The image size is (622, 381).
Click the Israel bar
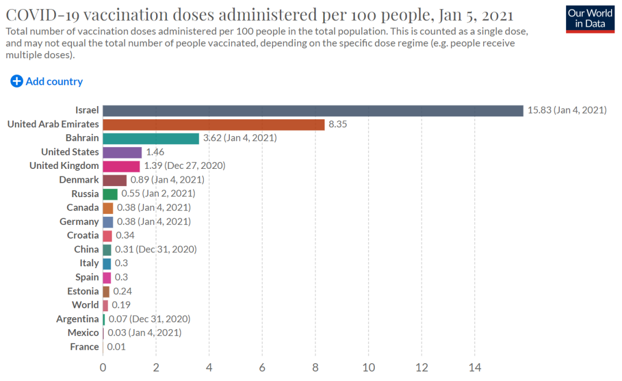point(313,110)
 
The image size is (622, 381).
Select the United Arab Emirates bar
point(214,124)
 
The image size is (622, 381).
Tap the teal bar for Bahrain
point(151,138)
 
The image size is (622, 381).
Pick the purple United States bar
point(122,152)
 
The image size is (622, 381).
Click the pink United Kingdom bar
point(121,166)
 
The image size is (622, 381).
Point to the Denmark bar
point(115,180)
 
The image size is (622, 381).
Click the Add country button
point(47,81)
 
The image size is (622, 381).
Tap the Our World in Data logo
point(590,18)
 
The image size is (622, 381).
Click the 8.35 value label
point(337,124)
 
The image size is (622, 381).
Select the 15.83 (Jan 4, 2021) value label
point(567,110)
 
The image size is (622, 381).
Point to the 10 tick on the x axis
point(369,367)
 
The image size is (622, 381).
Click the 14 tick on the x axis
point(475,367)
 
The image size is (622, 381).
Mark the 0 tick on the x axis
point(103,367)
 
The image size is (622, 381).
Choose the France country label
point(85,346)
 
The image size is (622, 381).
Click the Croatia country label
point(83,235)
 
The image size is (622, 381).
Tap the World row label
point(85,305)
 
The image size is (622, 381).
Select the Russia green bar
point(110,194)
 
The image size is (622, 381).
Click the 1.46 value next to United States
point(155,152)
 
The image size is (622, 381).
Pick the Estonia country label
point(83,291)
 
